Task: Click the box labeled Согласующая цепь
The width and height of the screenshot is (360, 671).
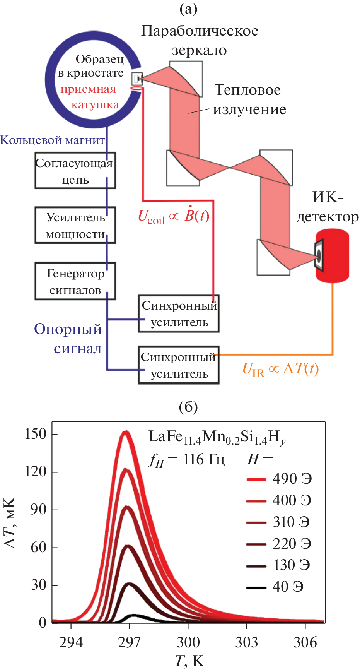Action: [75, 170]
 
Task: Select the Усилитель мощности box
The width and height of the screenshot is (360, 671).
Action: [75, 225]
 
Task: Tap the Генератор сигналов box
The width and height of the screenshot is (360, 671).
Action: [75, 281]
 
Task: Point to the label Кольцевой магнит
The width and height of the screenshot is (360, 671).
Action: [52, 140]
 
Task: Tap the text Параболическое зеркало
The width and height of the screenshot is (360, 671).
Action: [200, 40]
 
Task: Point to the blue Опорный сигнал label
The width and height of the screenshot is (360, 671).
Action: [68, 339]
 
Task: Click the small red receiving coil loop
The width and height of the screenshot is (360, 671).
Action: [136, 89]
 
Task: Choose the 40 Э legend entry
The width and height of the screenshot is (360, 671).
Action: [275, 587]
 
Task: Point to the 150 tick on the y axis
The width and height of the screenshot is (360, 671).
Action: [36, 434]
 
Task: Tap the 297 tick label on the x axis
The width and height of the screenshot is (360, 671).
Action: [129, 642]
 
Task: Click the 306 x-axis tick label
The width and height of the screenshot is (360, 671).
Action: [305, 642]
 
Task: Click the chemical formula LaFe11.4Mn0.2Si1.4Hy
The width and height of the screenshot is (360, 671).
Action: [217, 437]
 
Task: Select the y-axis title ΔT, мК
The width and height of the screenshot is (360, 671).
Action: [10, 522]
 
